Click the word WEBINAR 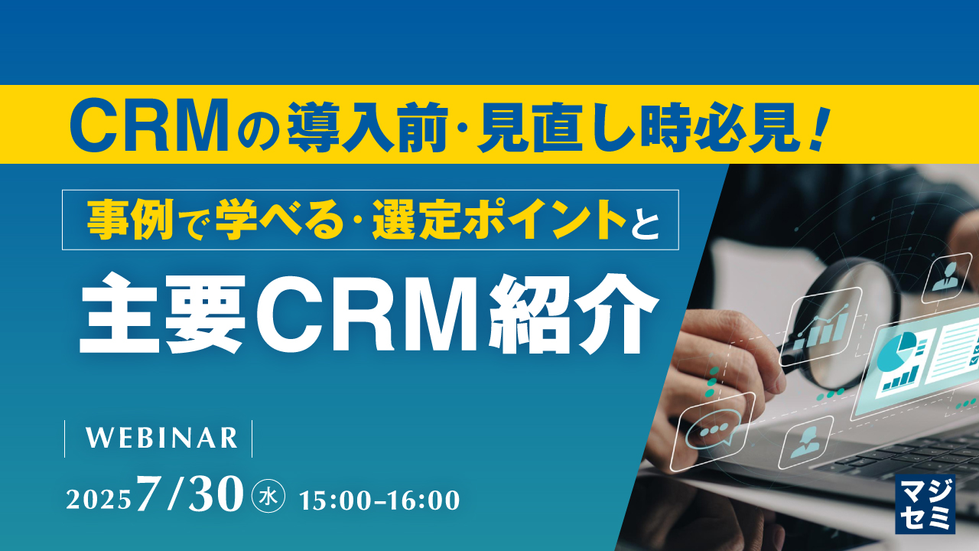(161, 438)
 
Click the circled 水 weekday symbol (268, 498)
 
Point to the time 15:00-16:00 (379, 500)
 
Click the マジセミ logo (925, 503)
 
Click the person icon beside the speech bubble (805, 442)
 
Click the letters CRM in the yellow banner (148, 125)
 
